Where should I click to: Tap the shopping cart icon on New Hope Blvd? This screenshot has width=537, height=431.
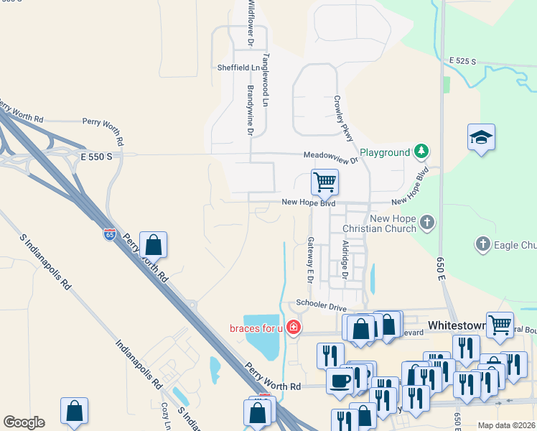click(x=324, y=182)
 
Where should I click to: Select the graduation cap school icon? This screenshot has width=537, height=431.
click(x=481, y=138)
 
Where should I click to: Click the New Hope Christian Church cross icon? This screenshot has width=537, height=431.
click(x=428, y=222)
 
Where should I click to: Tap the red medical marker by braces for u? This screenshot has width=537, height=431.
click(x=293, y=328)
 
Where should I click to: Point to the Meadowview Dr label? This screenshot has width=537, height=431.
click(x=330, y=156)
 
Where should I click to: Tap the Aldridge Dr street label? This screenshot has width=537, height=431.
click(x=345, y=260)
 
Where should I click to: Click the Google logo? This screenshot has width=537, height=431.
click(x=24, y=422)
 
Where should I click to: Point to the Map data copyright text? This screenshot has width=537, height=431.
click(x=505, y=425)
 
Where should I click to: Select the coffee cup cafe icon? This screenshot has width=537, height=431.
click(x=339, y=379)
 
